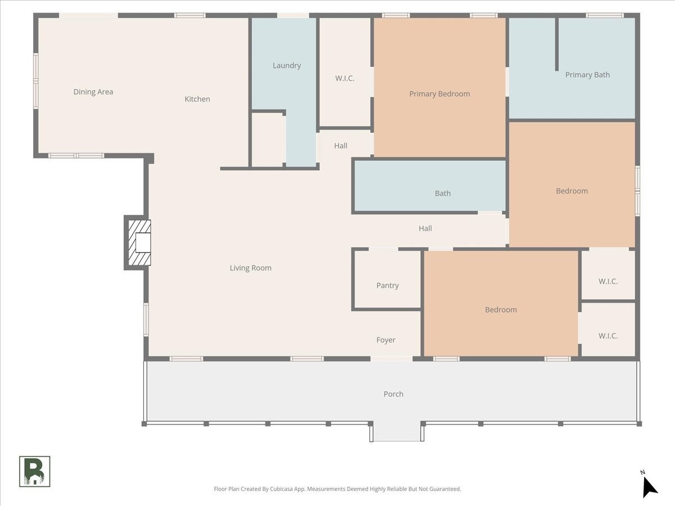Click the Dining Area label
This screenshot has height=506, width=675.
point(93,92)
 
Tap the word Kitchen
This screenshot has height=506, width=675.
point(197,99)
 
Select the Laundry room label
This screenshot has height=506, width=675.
point(287,65)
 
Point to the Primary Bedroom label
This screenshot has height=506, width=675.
point(439,94)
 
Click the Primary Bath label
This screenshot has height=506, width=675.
point(587,75)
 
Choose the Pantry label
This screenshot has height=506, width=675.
point(388,286)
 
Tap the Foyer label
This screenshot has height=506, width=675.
point(386,340)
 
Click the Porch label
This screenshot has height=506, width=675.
point(393,394)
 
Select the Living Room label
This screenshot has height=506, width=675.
point(250,268)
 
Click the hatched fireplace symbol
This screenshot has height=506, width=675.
point(139,243)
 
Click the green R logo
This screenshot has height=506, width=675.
point(35,472)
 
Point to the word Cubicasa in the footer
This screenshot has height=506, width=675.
point(282,489)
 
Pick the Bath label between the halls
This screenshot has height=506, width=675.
point(443,193)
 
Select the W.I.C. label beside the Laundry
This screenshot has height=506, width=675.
point(344,78)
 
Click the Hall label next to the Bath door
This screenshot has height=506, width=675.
point(425,228)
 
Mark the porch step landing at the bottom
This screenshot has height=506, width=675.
point(397,432)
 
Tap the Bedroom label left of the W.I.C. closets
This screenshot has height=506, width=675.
point(501,310)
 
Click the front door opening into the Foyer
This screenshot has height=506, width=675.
point(391,359)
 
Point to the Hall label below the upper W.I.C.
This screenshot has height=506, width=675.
point(340,146)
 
